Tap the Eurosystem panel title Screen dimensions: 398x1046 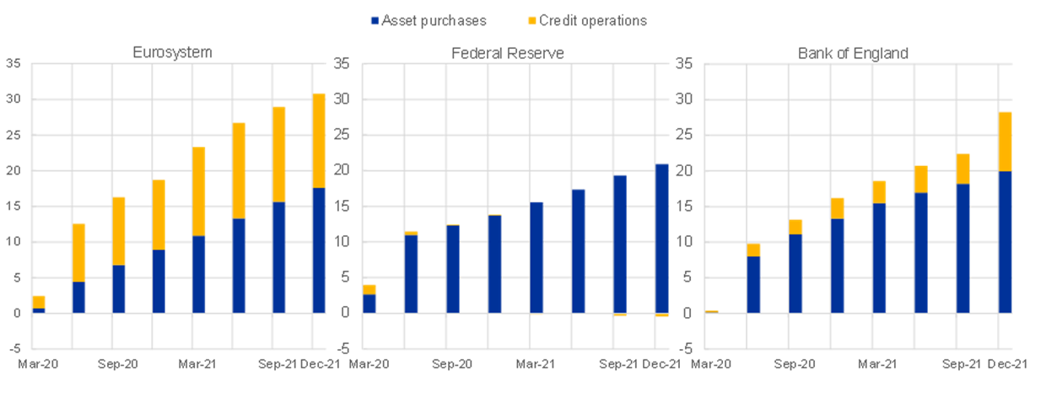tap(172, 52)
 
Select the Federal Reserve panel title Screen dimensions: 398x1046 tap(508, 53)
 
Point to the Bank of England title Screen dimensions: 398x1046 tap(853, 53)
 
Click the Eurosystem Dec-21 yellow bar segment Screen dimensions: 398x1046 tap(319, 140)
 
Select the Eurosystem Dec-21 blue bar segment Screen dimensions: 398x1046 tap(319, 250)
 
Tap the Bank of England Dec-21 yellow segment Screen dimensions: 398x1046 tap(1005, 141)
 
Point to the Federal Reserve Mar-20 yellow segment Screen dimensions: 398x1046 tap(369, 288)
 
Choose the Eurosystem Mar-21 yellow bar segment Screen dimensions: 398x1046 tap(198, 191)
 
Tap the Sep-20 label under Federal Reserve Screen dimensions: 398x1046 tap(452, 363)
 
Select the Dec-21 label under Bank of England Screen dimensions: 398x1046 tap(1007, 363)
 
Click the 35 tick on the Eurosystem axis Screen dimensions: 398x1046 tap(13, 63)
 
